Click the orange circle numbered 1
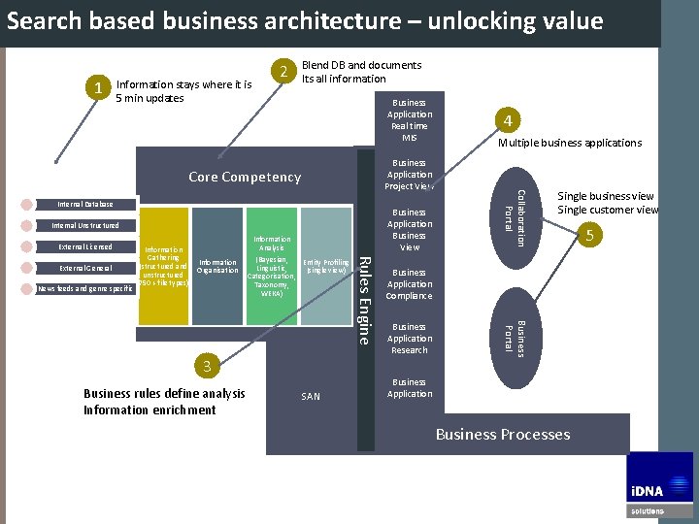pyautogui.click(x=99, y=89)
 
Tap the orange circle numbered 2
pyautogui.click(x=283, y=72)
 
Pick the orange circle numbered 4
pyautogui.click(x=509, y=121)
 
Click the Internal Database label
pyautogui.click(x=85, y=205)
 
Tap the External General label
pyautogui.click(x=85, y=268)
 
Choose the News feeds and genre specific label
pyautogui.click(x=85, y=288)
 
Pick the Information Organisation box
pyautogui.click(x=217, y=267)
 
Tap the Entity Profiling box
pyautogui.click(x=326, y=267)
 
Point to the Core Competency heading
pyautogui.click(x=245, y=177)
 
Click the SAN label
pyautogui.click(x=311, y=396)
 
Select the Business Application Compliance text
pyautogui.click(x=410, y=284)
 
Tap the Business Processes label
pyautogui.click(x=503, y=434)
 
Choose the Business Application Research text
pyautogui.click(x=410, y=339)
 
